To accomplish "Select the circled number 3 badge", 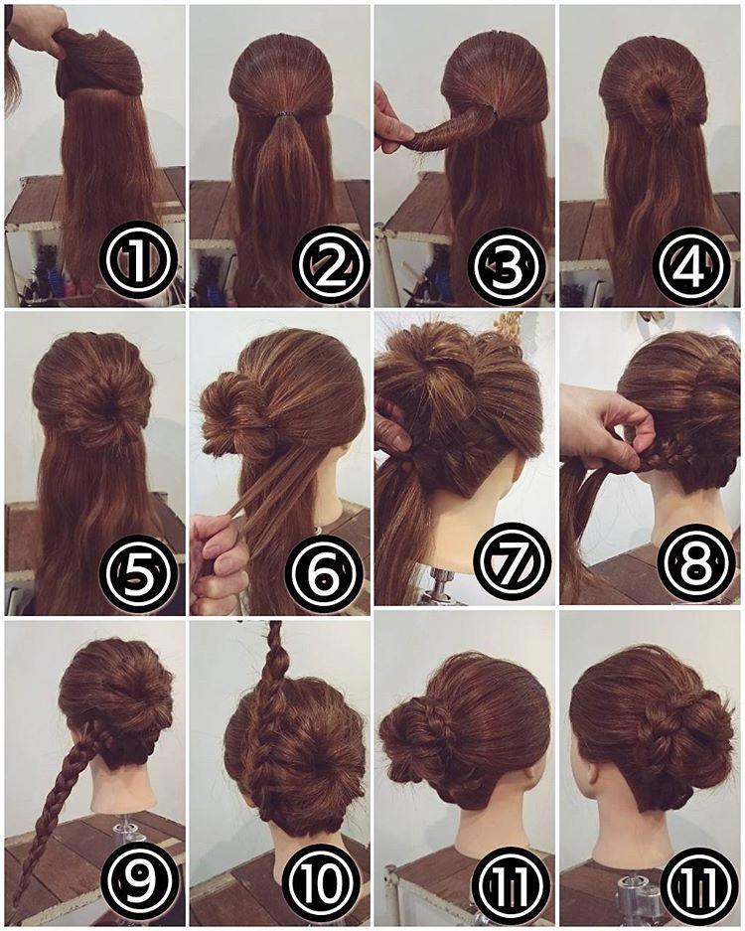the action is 507,262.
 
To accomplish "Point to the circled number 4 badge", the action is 690,262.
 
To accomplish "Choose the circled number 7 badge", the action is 512,562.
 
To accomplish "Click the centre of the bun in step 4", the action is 656,95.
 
